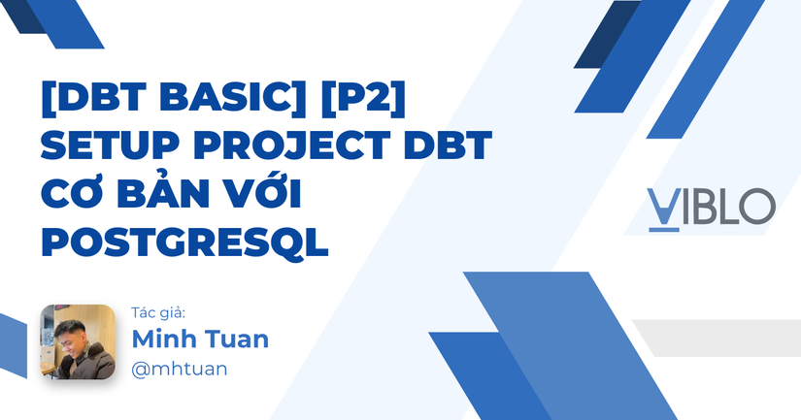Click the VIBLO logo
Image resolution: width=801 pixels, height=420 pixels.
click(x=711, y=206)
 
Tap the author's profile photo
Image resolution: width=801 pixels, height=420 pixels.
click(x=77, y=341)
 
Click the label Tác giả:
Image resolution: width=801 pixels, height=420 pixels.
click(x=157, y=312)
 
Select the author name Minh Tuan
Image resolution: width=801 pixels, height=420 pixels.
click(x=200, y=339)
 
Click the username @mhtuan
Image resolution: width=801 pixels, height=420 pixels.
click(x=180, y=369)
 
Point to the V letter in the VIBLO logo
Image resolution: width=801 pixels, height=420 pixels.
click(x=664, y=206)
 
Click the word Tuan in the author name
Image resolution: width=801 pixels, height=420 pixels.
click(x=238, y=339)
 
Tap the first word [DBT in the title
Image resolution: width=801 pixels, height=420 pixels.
click(x=89, y=101)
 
